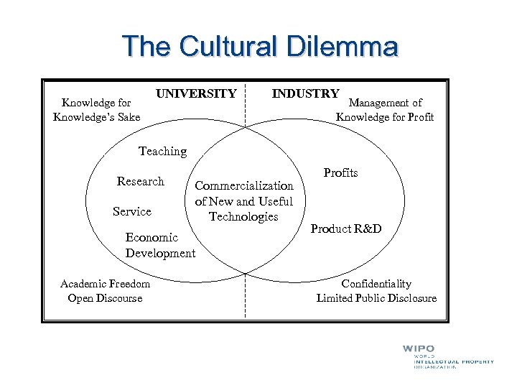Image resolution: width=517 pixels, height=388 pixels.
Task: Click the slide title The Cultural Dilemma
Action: [x=259, y=46]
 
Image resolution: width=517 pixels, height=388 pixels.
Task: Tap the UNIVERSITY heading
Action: [x=196, y=93]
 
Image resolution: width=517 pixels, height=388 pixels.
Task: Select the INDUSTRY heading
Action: [x=305, y=93]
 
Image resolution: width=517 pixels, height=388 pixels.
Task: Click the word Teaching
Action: [x=162, y=151]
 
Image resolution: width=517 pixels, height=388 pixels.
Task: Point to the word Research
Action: [x=141, y=181]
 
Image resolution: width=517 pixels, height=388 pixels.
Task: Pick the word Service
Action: [x=132, y=211]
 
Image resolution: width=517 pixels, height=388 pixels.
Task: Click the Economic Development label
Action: [x=160, y=245]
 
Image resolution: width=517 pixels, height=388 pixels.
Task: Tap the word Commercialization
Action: [x=244, y=185]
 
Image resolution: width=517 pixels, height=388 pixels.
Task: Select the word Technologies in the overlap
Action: [x=243, y=216]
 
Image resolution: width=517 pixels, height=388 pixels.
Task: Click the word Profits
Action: [x=340, y=172]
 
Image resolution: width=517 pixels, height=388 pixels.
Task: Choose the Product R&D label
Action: [x=346, y=228]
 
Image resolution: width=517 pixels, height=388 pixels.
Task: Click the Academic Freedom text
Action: [x=105, y=284]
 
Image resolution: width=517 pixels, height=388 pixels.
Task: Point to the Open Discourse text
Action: [x=105, y=298]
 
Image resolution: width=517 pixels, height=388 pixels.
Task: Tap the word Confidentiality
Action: [x=376, y=284]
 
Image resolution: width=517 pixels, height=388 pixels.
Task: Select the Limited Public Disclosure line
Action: [x=376, y=298]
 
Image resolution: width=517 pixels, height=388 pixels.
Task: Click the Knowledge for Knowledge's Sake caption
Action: [x=97, y=109]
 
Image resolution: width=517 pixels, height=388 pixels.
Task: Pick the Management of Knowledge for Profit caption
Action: [x=385, y=110]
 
